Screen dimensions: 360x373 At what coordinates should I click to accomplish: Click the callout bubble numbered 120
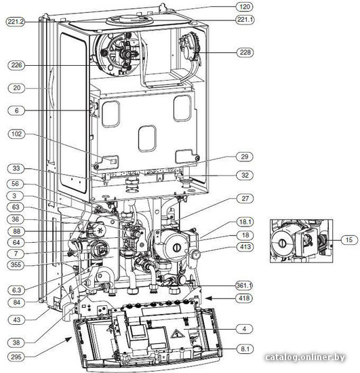245,7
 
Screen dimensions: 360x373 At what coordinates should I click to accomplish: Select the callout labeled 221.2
16,22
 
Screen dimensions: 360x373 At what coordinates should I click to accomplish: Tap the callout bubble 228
245,52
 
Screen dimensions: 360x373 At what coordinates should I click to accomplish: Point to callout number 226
16,65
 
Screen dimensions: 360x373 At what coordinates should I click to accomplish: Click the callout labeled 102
16,134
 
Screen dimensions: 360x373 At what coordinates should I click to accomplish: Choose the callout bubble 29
245,157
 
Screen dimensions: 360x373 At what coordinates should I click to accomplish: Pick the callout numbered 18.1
245,222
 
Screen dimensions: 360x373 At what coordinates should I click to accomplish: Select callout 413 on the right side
245,247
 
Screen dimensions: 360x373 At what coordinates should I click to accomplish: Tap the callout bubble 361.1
244,285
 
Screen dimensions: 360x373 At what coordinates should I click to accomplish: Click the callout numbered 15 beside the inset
349,239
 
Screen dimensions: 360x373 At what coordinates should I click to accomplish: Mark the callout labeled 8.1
245,349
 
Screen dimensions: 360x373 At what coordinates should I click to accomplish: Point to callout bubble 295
16,357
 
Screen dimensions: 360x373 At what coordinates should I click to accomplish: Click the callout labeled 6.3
16,290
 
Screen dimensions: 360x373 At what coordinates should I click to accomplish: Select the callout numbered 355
16,264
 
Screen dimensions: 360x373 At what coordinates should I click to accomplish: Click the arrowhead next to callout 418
209,298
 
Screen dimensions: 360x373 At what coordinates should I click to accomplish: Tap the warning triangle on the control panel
175,334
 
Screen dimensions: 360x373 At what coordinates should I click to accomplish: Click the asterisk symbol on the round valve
100,231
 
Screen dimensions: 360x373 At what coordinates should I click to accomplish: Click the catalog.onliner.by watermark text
305,357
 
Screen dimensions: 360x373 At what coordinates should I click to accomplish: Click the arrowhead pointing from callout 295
68,339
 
